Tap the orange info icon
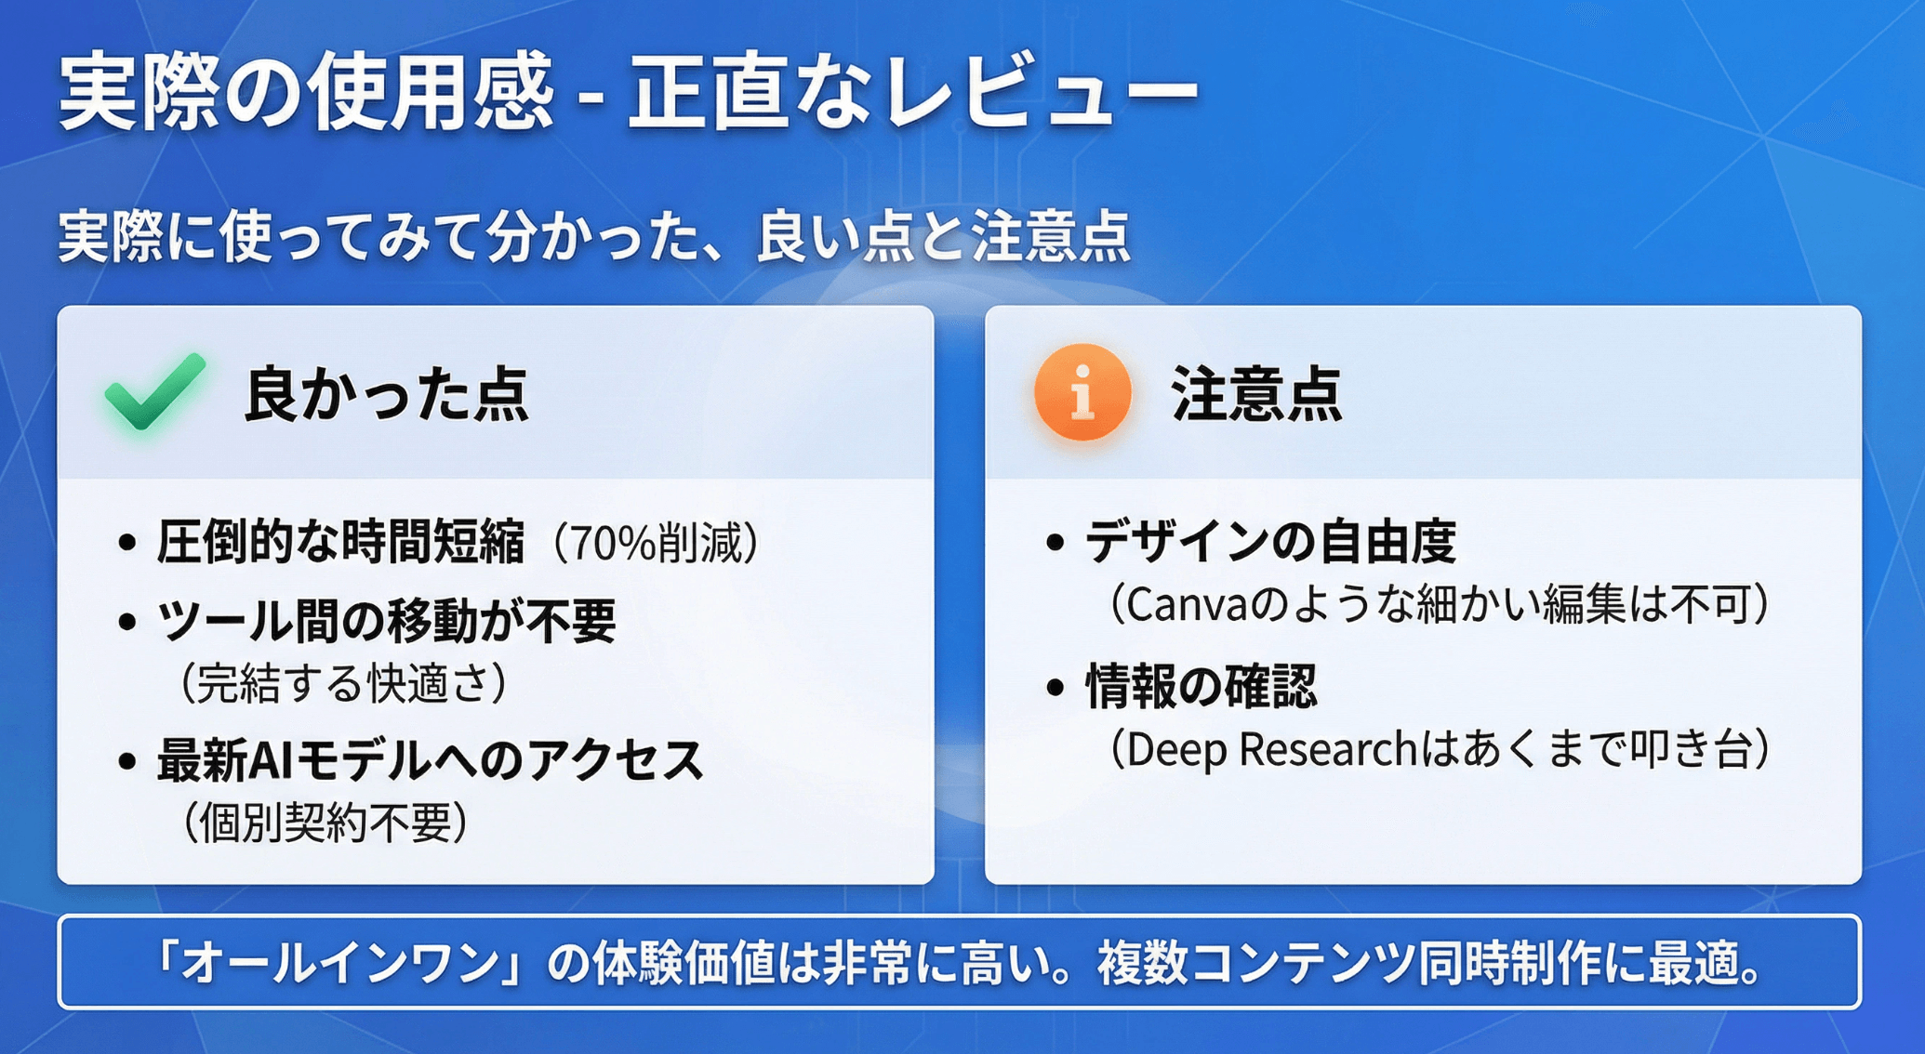pyautogui.click(x=1082, y=391)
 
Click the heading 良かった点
pyautogui.click(x=386, y=394)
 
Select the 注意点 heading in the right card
pyautogui.click(x=1256, y=393)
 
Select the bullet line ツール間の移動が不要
pyautogui.click(x=386, y=621)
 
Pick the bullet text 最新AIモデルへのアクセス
pyautogui.click(x=430, y=760)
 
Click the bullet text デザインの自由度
pyautogui.click(x=1270, y=542)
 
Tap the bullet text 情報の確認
pyautogui.click(x=1201, y=687)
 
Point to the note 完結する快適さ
pyautogui.click(x=344, y=683)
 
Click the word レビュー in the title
pyautogui.click(x=1042, y=93)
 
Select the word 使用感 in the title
pyautogui.click(x=431, y=93)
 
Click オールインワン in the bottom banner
pyautogui.click(x=339, y=963)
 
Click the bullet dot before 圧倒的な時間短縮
pyautogui.click(x=127, y=543)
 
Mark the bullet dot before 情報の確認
pyautogui.click(x=1055, y=688)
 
